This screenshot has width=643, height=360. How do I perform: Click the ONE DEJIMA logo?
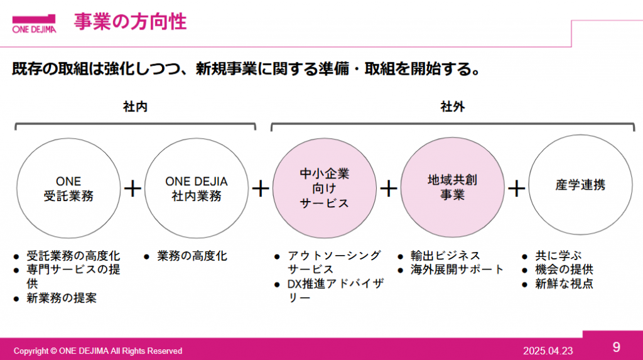(34, 24)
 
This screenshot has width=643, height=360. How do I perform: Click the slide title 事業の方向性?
(131, 22)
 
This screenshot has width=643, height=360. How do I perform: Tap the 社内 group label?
(136, 107)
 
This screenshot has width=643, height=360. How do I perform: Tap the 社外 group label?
(453, 107)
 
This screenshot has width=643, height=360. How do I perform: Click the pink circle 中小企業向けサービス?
(325, 188)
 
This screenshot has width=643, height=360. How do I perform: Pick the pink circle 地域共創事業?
(452, 187)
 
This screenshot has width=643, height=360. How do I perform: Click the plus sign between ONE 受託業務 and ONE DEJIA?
(132, 189)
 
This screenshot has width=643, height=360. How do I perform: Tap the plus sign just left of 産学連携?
(516, 189)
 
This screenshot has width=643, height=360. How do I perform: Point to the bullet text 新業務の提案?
(62, 298)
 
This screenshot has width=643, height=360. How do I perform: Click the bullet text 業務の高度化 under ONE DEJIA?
(192, 256)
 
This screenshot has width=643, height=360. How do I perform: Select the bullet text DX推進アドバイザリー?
(336, 290)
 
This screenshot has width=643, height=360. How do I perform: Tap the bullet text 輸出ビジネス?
(445, 256)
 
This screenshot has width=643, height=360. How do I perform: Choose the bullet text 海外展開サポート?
(457, 270)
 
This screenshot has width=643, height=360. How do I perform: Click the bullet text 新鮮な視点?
(565, 283)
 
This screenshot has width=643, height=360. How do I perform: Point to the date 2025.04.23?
(548, 351)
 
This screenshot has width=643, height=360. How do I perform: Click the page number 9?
(617, 347)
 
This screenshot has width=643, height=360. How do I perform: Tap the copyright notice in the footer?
(98, 351)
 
